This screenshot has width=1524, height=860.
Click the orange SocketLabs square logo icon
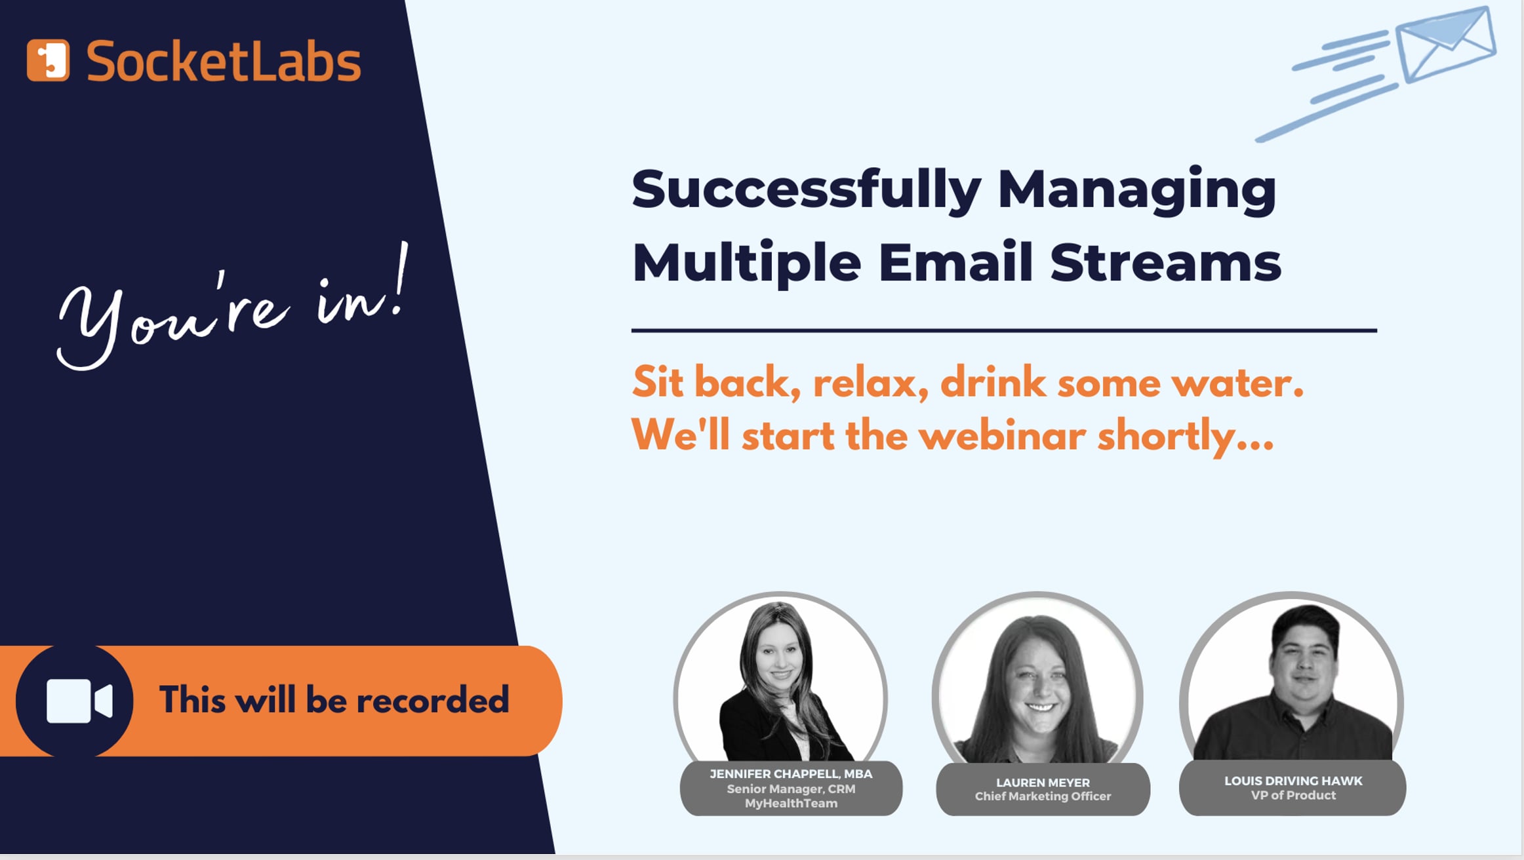point(48,60)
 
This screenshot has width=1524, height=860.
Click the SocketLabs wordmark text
point(223,62)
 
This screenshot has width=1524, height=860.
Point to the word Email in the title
point(955,263)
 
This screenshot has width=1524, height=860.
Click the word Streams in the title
point(1165,263)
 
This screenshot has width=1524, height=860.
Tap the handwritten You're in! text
point(233,308)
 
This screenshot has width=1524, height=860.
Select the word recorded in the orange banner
point(432,700)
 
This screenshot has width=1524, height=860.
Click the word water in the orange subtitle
point(1236,383)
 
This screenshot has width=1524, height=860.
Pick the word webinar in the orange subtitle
point(1001,436)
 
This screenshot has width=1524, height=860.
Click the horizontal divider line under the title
point(1003,331)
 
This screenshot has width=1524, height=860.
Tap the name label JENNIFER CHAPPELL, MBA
point(791,774)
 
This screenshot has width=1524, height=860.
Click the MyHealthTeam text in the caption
point(791,804)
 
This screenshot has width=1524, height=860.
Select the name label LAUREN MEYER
point(1043,783)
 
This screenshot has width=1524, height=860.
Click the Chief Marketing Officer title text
point(1043,796)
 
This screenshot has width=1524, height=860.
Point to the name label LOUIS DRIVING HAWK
point(1293,781)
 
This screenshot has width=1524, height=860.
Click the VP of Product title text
point(1293,796)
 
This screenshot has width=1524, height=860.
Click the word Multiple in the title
point(746,263)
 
